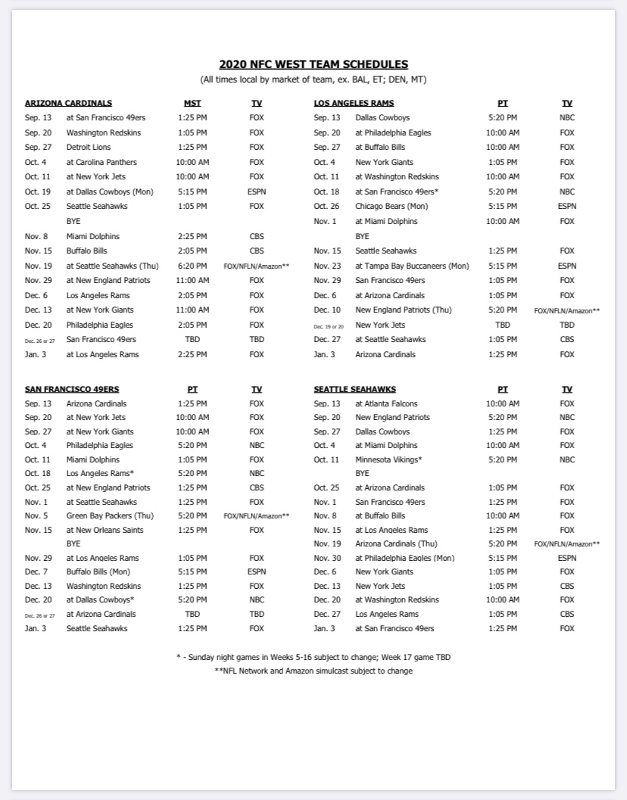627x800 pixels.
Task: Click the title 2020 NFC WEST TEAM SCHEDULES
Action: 313,64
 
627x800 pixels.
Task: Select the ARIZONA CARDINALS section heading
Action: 68,103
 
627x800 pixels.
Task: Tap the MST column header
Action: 192,103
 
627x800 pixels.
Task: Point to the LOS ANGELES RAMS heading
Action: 354,103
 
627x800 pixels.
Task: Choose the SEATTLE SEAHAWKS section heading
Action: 354,389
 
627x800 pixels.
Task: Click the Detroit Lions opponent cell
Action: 89,147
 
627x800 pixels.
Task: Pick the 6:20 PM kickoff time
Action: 192,266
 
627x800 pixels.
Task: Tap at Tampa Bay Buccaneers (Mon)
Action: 412,266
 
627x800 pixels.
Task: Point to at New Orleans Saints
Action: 105,530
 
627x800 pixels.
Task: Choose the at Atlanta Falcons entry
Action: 386,403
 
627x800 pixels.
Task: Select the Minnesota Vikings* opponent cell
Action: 388,459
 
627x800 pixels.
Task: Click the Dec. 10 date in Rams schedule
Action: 327,310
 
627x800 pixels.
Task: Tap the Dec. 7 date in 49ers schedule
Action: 36,571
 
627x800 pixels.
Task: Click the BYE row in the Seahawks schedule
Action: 362,473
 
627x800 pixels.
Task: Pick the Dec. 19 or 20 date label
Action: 329,325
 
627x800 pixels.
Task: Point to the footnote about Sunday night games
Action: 313,657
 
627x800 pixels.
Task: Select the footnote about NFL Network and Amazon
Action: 313,671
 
